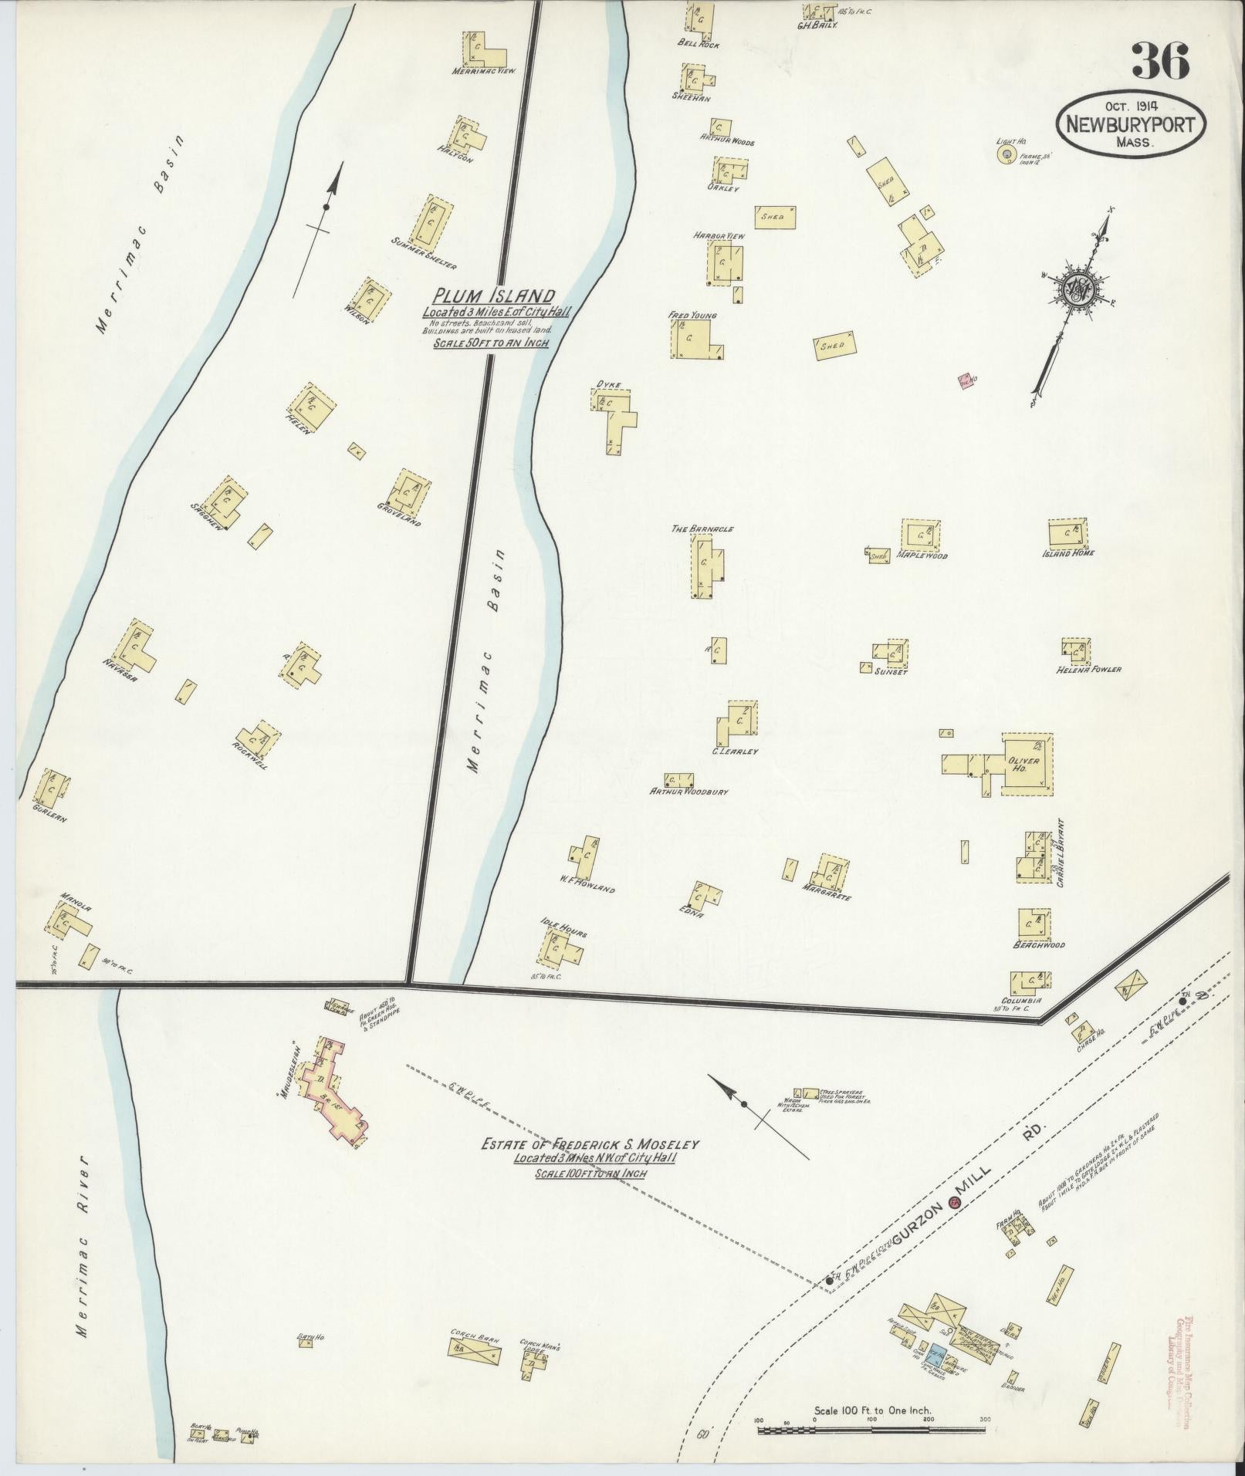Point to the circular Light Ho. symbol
pos(1006,156)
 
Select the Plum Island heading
pos(494,296)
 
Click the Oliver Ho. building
pos(1027,763)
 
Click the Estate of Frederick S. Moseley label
pos(590,1145)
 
